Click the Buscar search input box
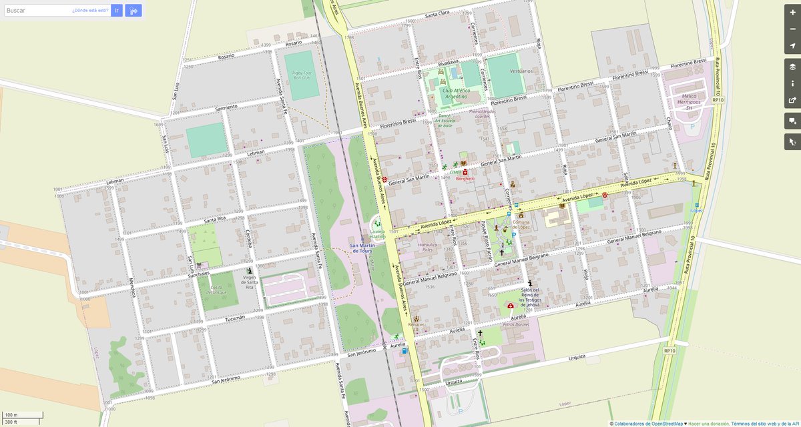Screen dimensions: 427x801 click(37, 11)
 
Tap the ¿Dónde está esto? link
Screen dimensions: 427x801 click(90, 11)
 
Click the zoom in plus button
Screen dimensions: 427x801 click(792, 13)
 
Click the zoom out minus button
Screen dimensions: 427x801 click(792, 29)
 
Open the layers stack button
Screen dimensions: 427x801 click(792, 67)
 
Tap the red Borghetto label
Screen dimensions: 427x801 click(465, 179)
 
